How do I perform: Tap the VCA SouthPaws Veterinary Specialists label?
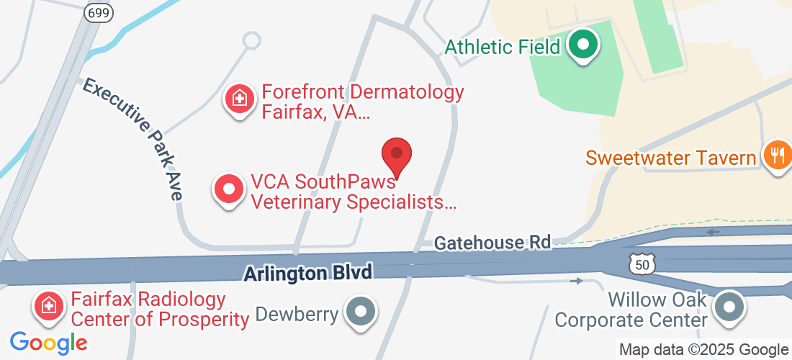pyautogui.click(x=354, y=192)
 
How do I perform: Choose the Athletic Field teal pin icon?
pyautogui.click(x=583, y=45)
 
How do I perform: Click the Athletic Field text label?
pyautogui.click(x=502, y=48)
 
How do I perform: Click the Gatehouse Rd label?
pyautogui.click(x=492, y=243)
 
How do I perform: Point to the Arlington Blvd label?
pyautogui.click(x=308, y=273)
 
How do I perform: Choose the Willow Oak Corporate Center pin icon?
pyautogui.click(x=729, y=307)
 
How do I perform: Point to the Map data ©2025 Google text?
pyautogui.click(x=703, y=350)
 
